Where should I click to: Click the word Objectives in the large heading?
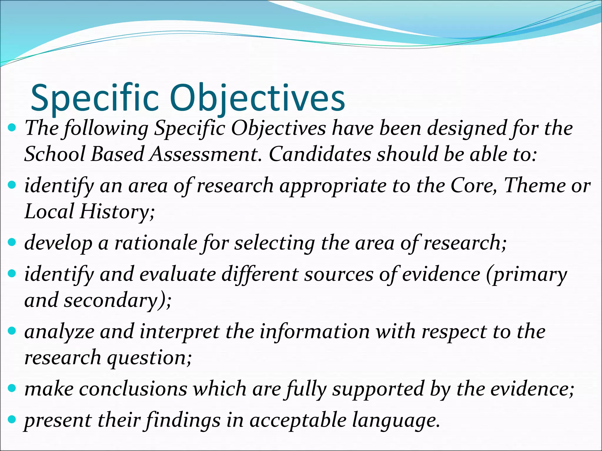tap(257, 98)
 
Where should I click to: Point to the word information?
tap(315, 332)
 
